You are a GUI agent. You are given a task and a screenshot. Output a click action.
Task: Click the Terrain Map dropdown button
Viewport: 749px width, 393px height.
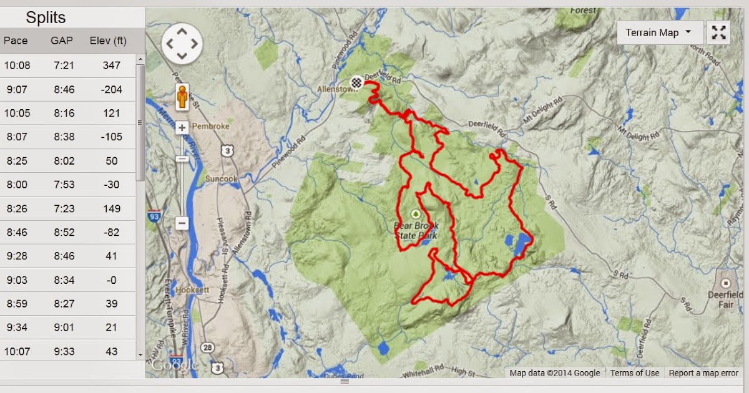pyautogui.click(x=658, y=32)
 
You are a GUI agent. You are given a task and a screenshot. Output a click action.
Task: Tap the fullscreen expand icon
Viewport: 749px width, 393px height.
pyautogui.click(x=719, y=32)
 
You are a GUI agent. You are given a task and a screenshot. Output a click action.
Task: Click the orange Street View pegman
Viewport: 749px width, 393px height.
pyautogui.click(x=182, y=97)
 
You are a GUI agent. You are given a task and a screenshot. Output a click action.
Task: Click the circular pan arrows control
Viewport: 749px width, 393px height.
pyautogui.click(x=182, y=44)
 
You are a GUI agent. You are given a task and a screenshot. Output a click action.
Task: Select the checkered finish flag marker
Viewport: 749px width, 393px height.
pyautogui.click(x=356, y=82)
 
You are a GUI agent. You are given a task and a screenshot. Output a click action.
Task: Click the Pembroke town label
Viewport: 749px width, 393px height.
pyautogui.click(x=212, y=126)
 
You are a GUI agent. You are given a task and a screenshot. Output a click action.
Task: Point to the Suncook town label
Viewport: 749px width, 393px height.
pyautogui.click(x=221, y=179)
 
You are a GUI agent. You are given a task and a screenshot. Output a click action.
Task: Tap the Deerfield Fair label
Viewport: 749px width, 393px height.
pyautogui.click(x=725, y=300)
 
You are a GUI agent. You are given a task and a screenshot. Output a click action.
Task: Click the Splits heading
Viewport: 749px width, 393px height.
pyautogui.click(x=46, y=17)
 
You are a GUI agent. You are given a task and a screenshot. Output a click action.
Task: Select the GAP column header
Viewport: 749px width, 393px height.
pyautogui.click(x=62, y=41)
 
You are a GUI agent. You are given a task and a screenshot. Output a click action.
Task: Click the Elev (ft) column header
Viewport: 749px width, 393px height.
pyautogui.click(x=108, y=41)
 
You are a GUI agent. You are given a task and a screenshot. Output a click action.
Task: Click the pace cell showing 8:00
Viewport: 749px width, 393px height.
pyautogui.click(x=17, y=184)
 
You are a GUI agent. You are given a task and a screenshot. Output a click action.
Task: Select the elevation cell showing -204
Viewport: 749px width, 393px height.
pyautogui.click(x=112, y=89)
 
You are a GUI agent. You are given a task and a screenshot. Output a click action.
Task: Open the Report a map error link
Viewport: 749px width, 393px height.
pyautogui.click(x=703, y=373)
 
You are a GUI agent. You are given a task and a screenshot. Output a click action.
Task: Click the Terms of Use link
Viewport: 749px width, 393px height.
pyautogui.click(x=634, y=373)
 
